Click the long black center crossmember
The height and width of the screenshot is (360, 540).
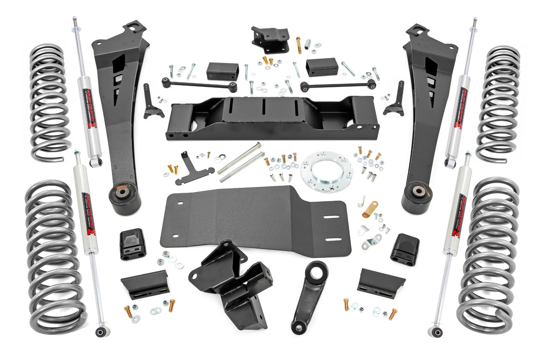(x=270, y=118)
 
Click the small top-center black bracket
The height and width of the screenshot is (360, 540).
(x=270, y=39)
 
